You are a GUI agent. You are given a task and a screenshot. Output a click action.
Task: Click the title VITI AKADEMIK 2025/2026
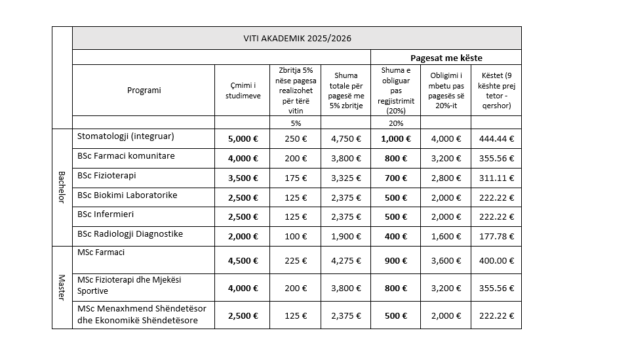296,38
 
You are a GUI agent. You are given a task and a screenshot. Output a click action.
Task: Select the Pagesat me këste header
446,58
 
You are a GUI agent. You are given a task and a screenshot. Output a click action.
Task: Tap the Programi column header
144,90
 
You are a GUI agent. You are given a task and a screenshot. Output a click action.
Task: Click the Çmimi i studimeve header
242,90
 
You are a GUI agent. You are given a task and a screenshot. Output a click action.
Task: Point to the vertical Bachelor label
62,187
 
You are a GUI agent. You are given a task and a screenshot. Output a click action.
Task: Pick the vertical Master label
62,287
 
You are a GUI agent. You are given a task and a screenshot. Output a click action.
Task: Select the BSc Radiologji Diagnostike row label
130,234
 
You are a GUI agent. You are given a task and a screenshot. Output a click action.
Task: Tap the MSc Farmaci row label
101,252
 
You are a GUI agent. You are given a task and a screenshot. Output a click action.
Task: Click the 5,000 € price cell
242,139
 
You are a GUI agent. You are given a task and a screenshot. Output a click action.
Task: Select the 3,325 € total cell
345,178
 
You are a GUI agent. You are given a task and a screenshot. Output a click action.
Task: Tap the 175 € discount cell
295,178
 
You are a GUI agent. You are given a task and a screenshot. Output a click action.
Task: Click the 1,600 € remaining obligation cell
445,237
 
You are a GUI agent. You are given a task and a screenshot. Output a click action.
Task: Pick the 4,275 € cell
345,260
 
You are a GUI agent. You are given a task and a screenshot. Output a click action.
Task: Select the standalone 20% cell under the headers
395,123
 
